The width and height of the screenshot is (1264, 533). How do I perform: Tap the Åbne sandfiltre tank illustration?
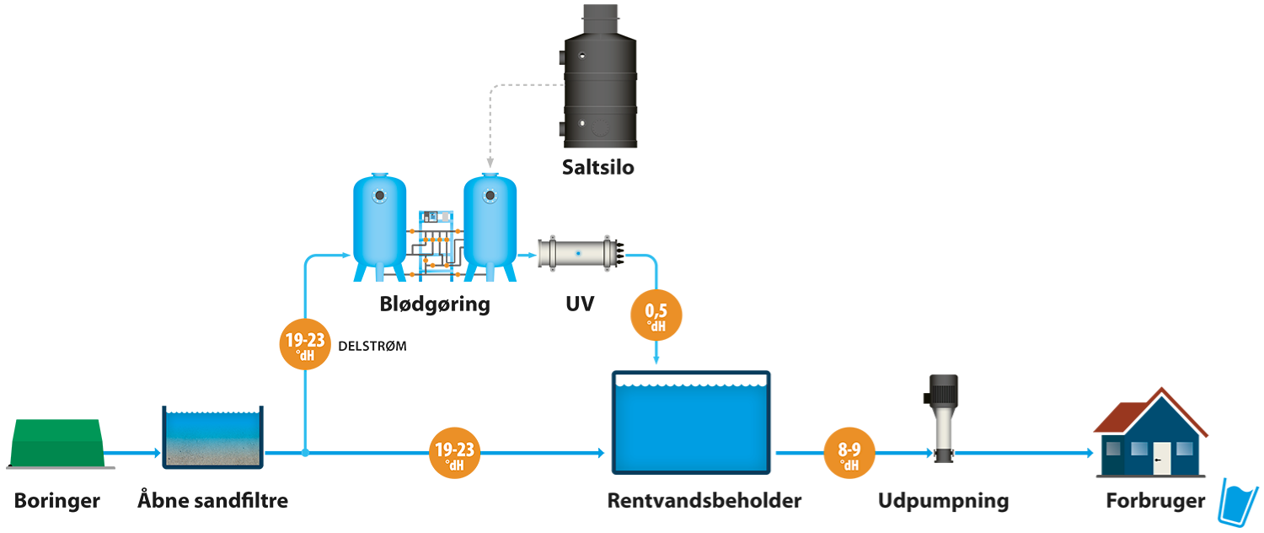click(x=213, y=437)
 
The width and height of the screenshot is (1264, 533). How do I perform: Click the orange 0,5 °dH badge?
click(x=657, y=317)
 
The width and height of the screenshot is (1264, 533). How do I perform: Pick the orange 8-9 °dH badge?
click(x=849, y=454)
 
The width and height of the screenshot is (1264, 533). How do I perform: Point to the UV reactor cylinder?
click(x=580, y=252)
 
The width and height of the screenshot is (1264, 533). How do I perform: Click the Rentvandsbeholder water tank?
click(x=691, y=422)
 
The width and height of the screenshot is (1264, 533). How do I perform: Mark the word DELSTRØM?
click(x=372, y=345)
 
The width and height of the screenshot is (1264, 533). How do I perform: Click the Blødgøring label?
click(x=434, y=304)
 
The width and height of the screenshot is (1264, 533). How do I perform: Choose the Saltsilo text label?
click(x=598, y=167)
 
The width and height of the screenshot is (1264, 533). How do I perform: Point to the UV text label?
click(x=579, y=304)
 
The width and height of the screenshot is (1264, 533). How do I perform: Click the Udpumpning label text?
click(x=943, y=501)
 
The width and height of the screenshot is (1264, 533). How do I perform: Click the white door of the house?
click(x=1163, y=459)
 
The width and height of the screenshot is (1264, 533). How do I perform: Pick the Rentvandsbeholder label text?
click(x=704, y=501)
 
